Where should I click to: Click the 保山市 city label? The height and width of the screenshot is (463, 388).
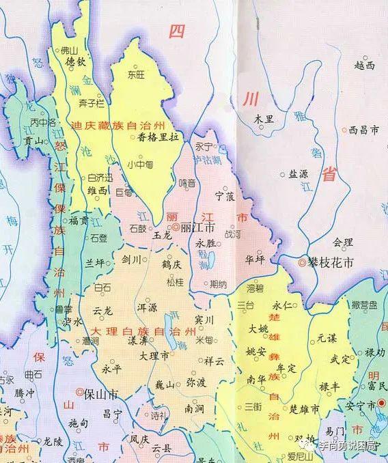100,394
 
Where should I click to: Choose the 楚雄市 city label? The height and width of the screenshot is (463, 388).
305,410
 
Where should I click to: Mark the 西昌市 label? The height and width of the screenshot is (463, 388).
363,128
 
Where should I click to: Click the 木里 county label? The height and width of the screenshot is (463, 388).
264,119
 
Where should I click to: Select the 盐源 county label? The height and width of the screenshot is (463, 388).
298,174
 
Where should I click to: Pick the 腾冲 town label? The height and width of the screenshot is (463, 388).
27,394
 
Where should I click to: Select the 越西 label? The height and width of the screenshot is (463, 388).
365,66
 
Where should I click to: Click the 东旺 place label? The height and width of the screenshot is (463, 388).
138,76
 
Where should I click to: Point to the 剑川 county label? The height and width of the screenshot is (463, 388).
130,259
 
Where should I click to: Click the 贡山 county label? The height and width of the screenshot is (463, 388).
33,141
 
